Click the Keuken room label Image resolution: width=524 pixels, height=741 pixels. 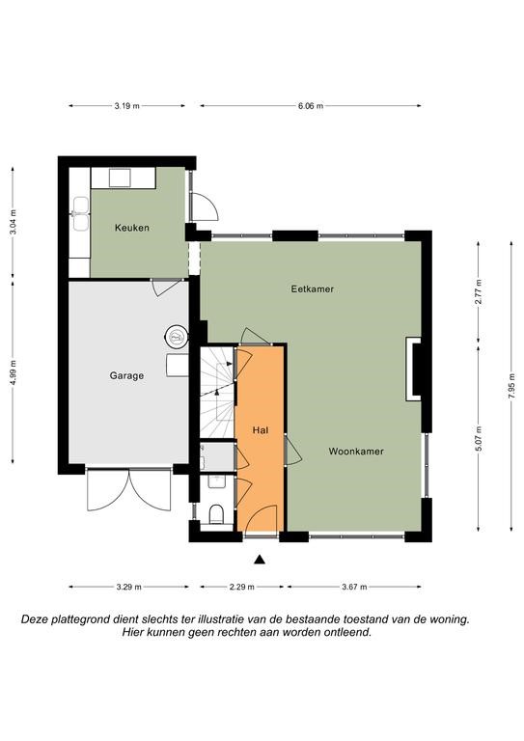(x=132, y=228)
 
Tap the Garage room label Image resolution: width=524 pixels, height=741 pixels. (x=126, y=375)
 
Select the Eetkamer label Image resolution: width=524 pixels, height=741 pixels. (x=313, y=288)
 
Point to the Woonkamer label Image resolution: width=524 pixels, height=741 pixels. (x=356, y=452)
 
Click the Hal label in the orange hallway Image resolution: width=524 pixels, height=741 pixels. (x=261, y=430)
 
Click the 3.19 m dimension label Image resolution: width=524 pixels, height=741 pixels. (x=126, y=106)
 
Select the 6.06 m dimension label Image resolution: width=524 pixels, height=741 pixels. (x=311, y=106)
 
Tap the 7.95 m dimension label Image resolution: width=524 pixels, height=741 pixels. (x=511, y=387)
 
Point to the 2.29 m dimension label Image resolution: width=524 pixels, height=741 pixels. (x=242, y=587)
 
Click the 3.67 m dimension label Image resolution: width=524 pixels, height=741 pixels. (x=354, y=587)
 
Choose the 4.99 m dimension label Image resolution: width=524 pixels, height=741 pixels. (x=13, y=372)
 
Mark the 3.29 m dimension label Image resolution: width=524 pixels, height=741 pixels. (x=128, y=587)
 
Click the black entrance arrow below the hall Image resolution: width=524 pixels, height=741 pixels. (x=259, y=560)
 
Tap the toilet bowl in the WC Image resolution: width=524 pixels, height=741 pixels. (x=216, y=514)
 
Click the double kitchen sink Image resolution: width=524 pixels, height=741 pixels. (x=80, y=214)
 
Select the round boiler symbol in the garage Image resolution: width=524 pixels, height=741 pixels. (x=177, y=337)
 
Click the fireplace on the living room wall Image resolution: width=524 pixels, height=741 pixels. (x=414, y=369)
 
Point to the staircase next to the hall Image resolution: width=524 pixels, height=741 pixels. (x=217, y=393)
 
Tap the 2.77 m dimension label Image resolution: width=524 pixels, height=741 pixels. (x=479, y=292)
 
